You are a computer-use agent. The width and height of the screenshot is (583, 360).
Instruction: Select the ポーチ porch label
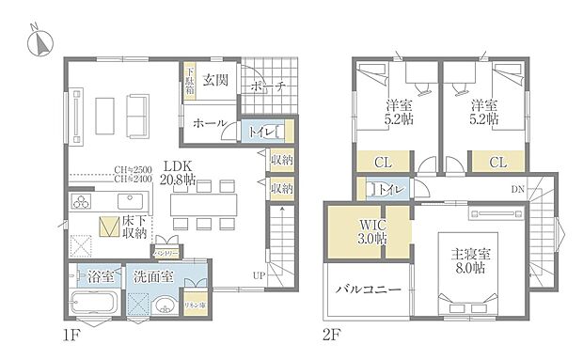pyautogui.click(x=268, y=87)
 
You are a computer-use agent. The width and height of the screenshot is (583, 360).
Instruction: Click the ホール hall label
pyautogui.click(x=208, y=123)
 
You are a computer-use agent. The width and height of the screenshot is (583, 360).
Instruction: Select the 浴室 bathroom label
pyautogui.click(x=100, y=278)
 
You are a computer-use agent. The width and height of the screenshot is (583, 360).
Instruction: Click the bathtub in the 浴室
pyautogui.click(x=93, y=306)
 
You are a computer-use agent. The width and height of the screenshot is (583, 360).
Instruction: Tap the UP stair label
pyautogui.click(x=257, y=275)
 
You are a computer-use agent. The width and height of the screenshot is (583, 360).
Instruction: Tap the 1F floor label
pyautogui.click(x=74, y=334)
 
